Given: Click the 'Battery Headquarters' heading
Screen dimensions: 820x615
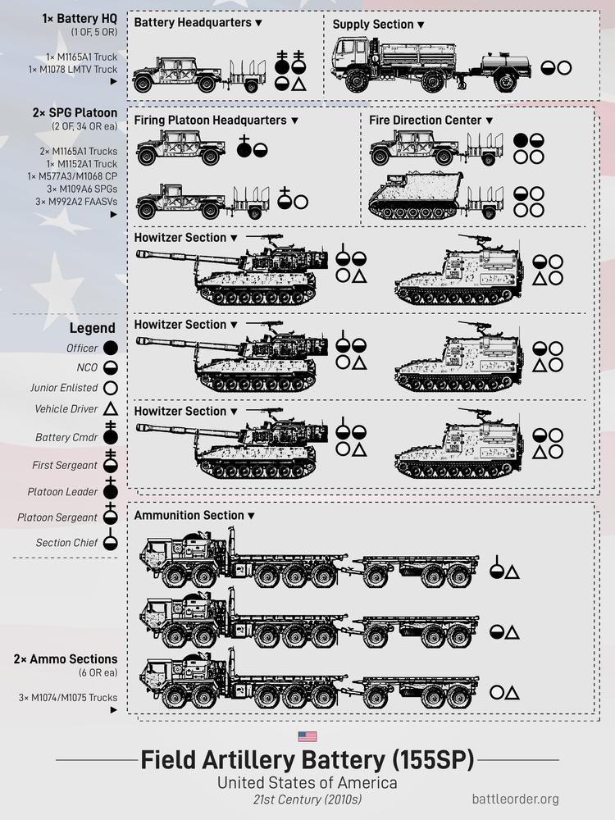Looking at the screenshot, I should click(x=193, y=23).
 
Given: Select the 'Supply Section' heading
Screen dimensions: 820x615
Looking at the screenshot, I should click(x=373, y=25).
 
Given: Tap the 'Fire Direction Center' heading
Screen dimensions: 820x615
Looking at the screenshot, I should click(x=425, y=121).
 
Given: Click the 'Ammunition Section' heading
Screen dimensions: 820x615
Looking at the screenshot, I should click(x=189, y=516).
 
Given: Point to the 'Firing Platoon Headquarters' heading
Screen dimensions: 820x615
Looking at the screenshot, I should click(x=210, y=121).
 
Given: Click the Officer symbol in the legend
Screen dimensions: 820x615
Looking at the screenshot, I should click(x=110, y=348).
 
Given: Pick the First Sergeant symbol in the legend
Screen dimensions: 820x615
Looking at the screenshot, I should click(x=110, y=462).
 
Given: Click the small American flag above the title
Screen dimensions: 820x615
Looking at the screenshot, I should click(x=307, y=736).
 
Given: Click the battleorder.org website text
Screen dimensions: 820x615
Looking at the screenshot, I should click(x=516, y=798).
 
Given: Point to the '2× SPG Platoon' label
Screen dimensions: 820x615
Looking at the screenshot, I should click(x=80, y=112).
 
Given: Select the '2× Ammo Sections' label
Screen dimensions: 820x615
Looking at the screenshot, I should click(x=65, y=659).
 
